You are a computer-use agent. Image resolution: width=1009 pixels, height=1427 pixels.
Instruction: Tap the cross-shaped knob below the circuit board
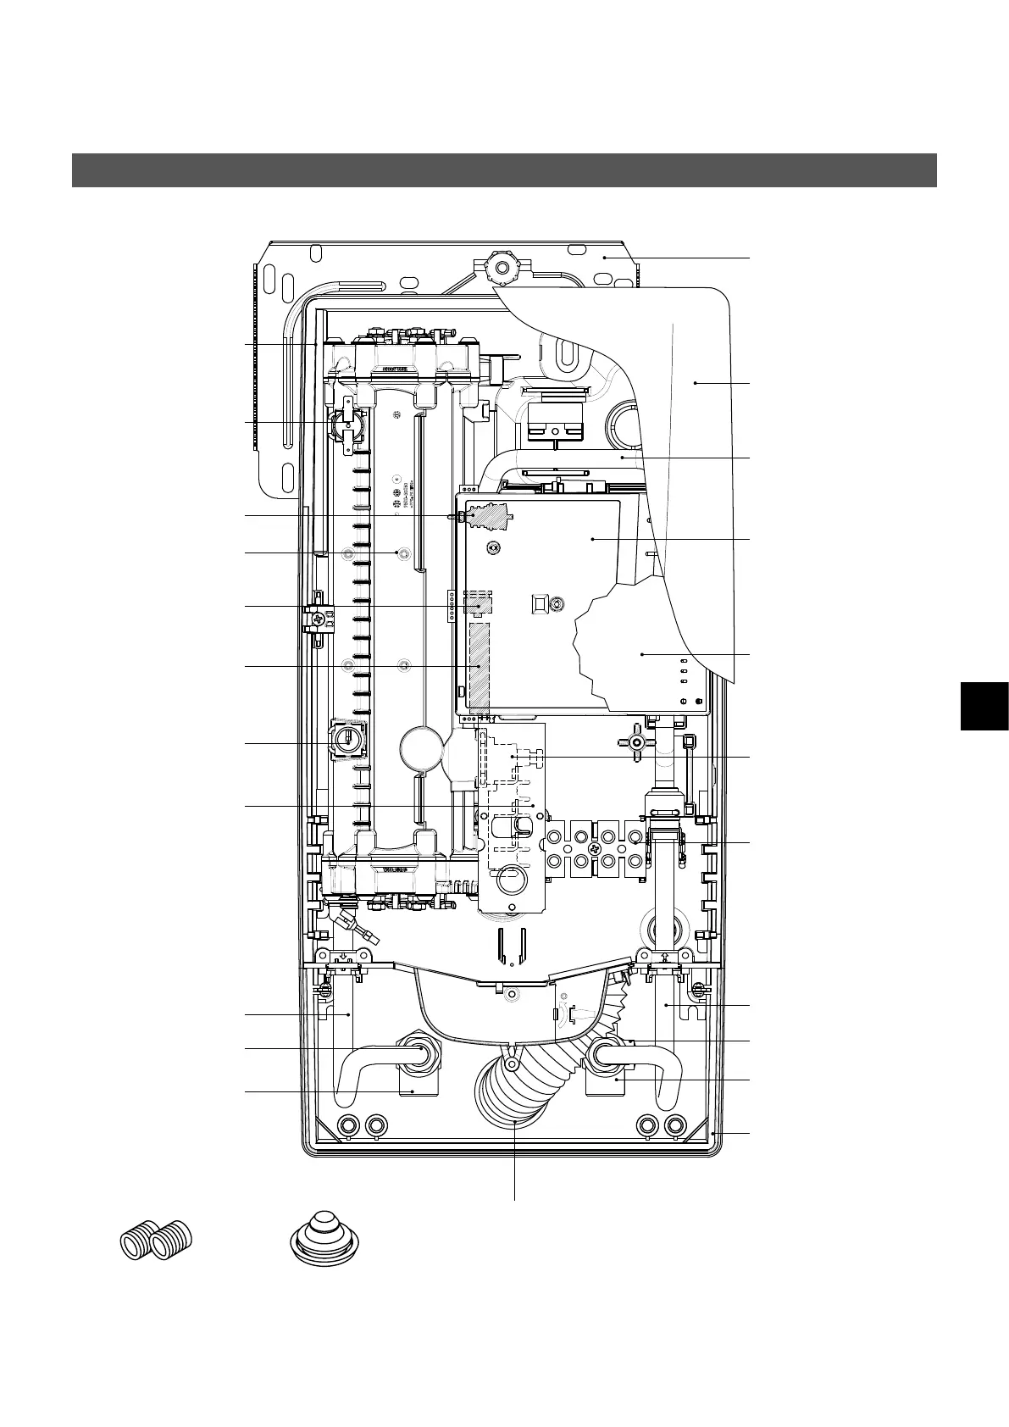[x=638, y=742]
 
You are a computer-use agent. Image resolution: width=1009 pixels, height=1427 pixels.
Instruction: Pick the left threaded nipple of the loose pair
[x=138, y=1244]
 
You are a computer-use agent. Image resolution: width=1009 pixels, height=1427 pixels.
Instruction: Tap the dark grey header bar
[x=504, y=169]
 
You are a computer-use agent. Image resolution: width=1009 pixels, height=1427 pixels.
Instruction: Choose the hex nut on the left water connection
[x=420, y=1053]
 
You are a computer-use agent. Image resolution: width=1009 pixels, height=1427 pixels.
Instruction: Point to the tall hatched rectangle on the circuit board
[x=480, y=666]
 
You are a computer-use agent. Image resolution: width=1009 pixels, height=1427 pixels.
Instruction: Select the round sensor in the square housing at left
[x=346, y=740]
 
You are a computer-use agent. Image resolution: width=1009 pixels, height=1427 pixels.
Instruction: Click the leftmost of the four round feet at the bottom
[x=347, y=1125]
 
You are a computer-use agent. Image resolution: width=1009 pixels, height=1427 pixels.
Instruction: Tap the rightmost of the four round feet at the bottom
[x=675, y=1125]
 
